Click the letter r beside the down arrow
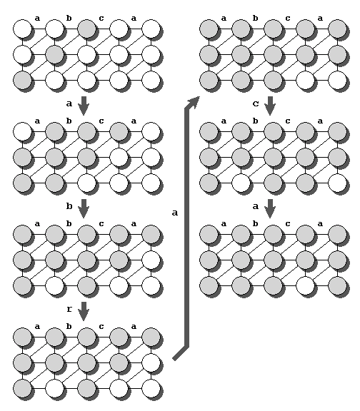(69, 309)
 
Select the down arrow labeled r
(84, 311)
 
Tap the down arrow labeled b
(84, 208)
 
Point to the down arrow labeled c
(270, 106)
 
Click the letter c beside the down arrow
(256, 103)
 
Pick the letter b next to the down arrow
(69, 206)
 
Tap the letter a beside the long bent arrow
(175, 213)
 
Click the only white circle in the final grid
(305, 285)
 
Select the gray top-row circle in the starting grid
(87, 29)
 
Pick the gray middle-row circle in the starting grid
(54, 54)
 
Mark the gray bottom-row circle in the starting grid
(23, 80)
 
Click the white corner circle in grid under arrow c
(337, 183)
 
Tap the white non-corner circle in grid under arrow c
(241, 183)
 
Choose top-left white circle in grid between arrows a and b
(23, 131)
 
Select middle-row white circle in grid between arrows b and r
(151, 260)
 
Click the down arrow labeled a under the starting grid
(84, 106)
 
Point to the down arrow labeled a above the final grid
(270, 208)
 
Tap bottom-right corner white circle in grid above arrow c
(337, 80)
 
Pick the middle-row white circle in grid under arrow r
(151, 362)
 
